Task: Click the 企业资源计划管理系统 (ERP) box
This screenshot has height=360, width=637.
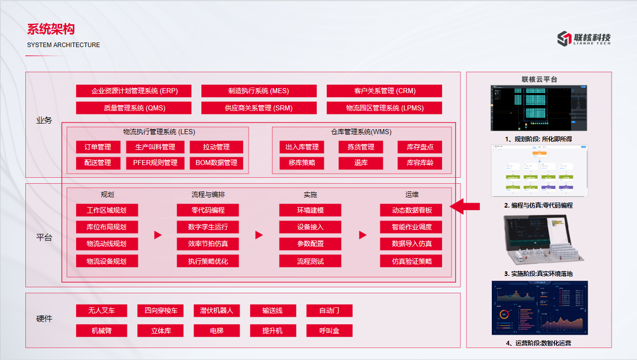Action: (x=134, y=91)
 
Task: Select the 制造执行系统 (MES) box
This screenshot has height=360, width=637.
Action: (x=259, y=91)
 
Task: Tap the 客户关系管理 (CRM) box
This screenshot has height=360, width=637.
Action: (x=384, y=91)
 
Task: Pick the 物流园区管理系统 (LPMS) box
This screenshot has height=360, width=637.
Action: (x=384, y=108)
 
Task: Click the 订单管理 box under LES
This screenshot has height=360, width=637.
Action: (x=97, y=147)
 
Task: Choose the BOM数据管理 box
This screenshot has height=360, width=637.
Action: (x=216, y=163)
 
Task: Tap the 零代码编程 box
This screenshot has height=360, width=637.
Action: (x=207, y=210)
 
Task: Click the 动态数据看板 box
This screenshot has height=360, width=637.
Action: (x=411, y=210)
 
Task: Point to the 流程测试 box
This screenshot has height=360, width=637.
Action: (x=310, y=261)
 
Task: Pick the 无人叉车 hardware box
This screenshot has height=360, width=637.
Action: (x=101, y=310)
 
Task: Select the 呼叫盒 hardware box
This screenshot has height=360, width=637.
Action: (x=329, y=331)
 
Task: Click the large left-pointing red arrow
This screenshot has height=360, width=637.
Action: (x=464, y=206)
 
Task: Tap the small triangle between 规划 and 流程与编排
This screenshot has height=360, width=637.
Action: (x=157, y=235)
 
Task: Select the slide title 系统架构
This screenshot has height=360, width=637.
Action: (x=51, y=29)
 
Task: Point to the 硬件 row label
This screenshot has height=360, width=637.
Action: (x=44, y=319)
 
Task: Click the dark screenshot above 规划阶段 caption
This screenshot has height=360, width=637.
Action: (x=539, y=108)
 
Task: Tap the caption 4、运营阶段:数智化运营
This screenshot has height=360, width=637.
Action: (x=538, y=343)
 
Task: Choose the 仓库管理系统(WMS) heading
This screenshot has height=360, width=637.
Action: (x=361, y=132)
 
